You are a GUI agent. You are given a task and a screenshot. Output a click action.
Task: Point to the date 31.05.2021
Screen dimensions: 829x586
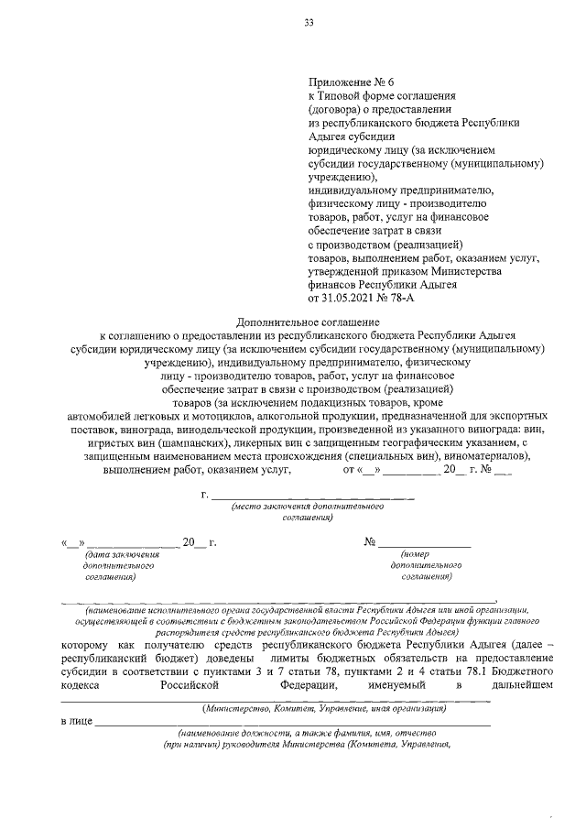(352, 299)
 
